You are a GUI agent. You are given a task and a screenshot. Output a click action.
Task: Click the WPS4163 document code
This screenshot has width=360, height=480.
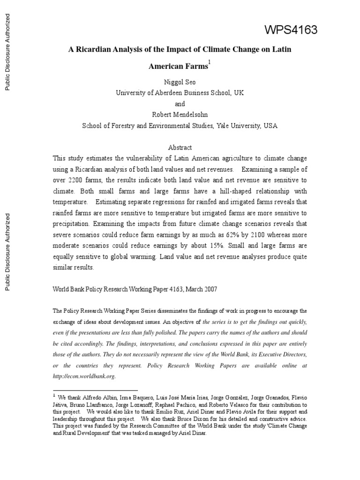pos(291,30)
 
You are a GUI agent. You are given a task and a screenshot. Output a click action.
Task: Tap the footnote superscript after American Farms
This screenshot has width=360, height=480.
pos(210,62)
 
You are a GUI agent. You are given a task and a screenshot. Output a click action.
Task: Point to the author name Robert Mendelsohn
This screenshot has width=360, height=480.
pos(180,115)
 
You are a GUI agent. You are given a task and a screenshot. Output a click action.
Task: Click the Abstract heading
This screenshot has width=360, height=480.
pos(180,148)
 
